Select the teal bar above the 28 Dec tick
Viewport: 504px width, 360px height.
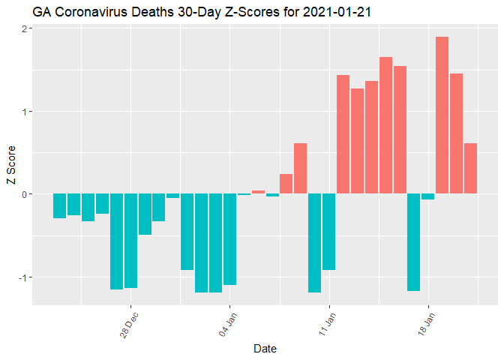click(131, 241)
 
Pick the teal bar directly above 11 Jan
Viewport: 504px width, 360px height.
click(329, 232)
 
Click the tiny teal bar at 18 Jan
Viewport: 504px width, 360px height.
click(428, 196)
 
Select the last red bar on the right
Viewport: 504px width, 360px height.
click(471, 169)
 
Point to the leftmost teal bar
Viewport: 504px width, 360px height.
click(59, 206)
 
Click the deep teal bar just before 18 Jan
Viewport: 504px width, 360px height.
click(414, 242)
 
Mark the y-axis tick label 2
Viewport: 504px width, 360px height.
click(24, 29)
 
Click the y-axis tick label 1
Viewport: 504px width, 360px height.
click(24, 112)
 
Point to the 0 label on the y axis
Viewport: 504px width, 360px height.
click(24, 194)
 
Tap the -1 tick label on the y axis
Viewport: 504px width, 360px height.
click(22, 277)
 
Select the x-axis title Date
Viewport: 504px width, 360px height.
click(265, 348)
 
